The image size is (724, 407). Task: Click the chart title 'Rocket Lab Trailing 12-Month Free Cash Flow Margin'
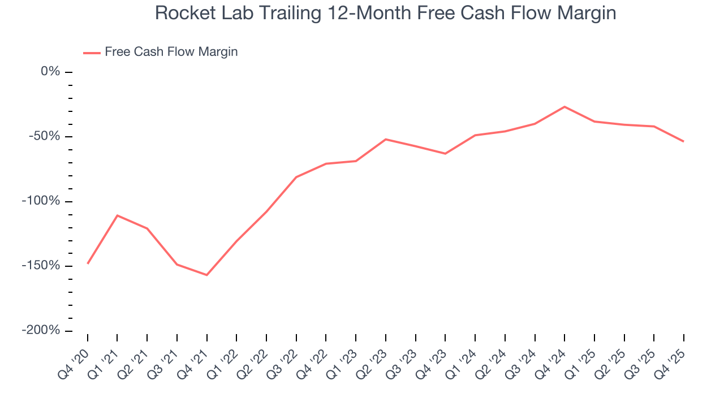pos(385,13)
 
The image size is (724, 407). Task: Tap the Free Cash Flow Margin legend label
pos(171,52)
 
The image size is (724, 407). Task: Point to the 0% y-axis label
pos(50,72)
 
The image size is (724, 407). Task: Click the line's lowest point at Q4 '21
pos(207,275)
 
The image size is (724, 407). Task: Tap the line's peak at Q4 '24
pos(564,106)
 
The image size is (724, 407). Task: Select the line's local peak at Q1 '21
pos(117,215)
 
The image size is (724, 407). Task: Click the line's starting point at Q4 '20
pos(88,263)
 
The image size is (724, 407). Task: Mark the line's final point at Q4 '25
pos(683,141)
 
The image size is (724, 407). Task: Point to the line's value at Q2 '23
pos(386,139)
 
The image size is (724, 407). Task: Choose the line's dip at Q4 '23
pos(445,154)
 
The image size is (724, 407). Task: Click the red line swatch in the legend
pos(92,53)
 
